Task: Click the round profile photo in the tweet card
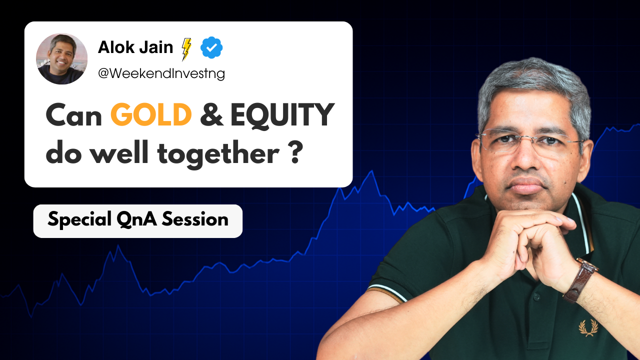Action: (61, 58)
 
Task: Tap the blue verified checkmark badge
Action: (211, 48)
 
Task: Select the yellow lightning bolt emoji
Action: (186, 49)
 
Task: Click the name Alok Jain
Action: (135, 47)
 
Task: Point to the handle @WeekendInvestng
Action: (161, 74)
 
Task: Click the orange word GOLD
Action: (151, 115)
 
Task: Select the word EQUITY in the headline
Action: (282, 115)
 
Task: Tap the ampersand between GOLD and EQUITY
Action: (210, 116)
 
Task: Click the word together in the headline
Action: (218, 154)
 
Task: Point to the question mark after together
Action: (294, 154)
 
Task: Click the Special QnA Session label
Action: (137, 220)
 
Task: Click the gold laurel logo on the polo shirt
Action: (588, 327)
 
